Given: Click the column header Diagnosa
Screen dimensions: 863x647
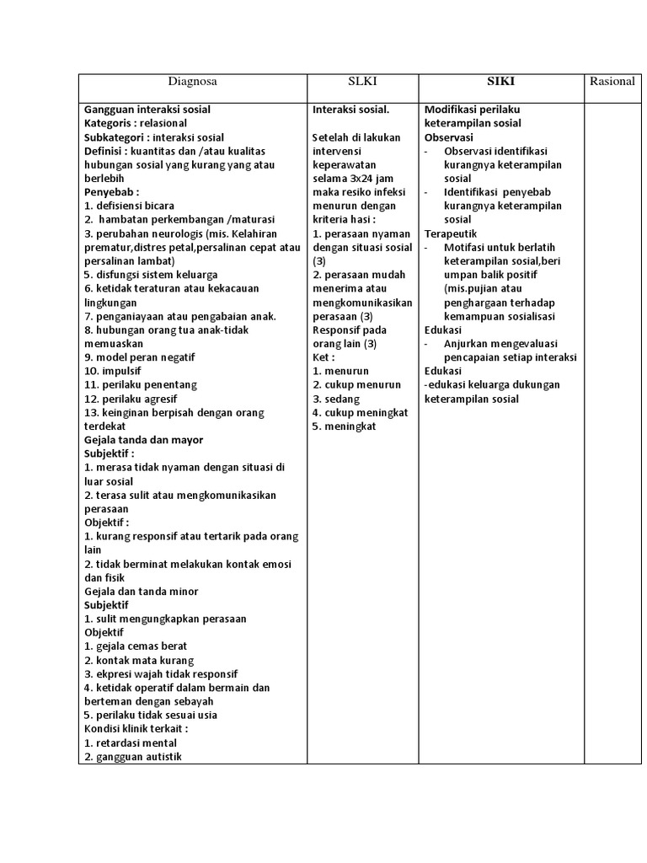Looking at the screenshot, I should pyautogui.click(x=192, y=82).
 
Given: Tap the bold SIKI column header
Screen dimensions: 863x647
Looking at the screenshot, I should pyautogui.click(x=500, y=82).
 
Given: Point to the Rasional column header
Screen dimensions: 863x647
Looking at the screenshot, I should pyautogui.click(x=612, y=82).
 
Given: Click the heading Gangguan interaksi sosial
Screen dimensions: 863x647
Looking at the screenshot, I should pyautogui.click(x=147, y=110).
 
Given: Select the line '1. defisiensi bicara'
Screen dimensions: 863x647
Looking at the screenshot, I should pyautogui.click(x=130, y=206).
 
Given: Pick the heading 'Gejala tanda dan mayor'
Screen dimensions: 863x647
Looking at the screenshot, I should pyautogui.click(x=143, y=440).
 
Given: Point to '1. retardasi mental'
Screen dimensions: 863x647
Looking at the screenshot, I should pyautogui.click(x=131, y=743).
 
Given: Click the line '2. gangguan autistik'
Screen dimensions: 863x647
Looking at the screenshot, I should pyautogui.click(x=132, y=757).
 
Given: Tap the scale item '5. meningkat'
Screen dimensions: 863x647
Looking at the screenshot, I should pyautogui.click(x=344, y=426).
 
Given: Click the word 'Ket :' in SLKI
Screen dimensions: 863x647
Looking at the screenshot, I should pyautogui.click(x=323, y=357).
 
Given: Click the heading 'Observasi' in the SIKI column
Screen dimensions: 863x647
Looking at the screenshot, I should pyautogui.click(x=449, y=137).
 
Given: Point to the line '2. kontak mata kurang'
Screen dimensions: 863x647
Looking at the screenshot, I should pyautogui.click(x=139, y=661).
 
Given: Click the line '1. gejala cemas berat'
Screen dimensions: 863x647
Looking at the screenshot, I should pyautogui.click(x=136, y=646).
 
